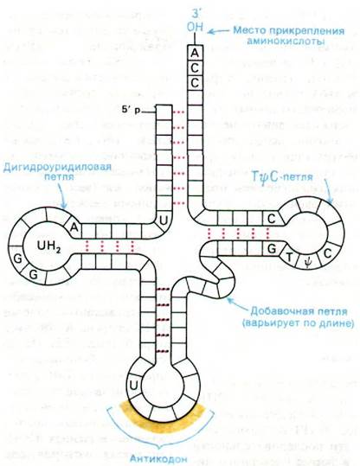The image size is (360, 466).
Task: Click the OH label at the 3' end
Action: [195, 27]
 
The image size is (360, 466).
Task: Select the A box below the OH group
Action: [195, 53]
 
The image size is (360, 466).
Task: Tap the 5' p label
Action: [131, 110]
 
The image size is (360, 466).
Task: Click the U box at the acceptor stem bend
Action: [164, 220]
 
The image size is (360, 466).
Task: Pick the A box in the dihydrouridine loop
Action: [74, 227]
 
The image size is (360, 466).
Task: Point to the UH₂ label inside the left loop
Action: [49, 246]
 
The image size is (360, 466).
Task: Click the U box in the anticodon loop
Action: [134, 386]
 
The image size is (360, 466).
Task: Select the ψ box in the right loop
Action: [307, 262]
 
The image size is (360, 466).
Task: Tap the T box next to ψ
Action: [290, 257]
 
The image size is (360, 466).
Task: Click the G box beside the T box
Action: [272, 248]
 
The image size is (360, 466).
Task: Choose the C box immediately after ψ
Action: [327, 253]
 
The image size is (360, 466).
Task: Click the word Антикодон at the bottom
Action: [158, 458]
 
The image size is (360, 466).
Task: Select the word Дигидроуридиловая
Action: [57, 167]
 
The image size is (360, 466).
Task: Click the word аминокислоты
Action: [286, 41]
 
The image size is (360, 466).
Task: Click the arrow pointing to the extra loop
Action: [237, 304]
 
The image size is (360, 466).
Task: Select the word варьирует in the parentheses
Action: [269, 322]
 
